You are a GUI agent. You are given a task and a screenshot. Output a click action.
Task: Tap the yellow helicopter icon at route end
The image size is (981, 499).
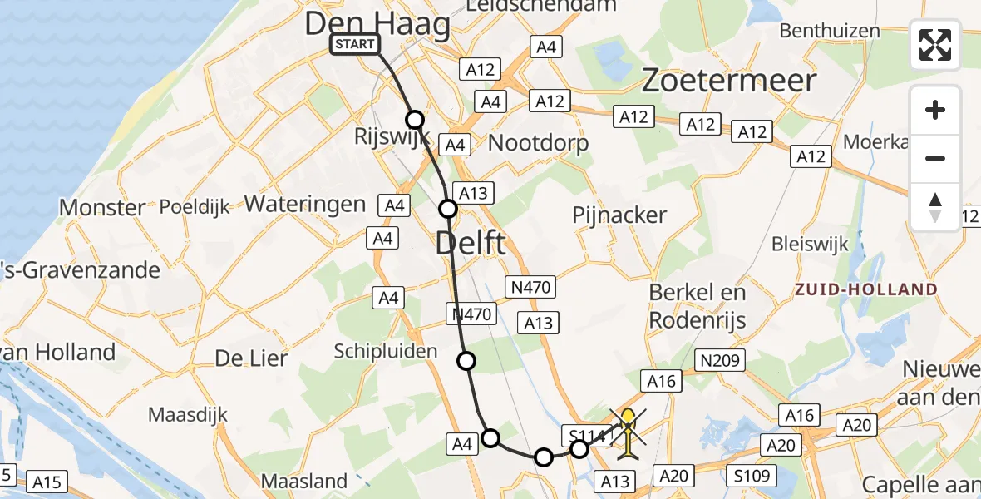click(629, 432)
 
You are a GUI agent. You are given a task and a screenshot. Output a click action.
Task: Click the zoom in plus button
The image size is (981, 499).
click(935, 110)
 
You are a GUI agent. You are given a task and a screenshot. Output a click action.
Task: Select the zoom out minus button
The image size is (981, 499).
click(935, 158)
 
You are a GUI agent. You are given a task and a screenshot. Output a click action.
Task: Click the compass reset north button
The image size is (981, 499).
click(935, 206)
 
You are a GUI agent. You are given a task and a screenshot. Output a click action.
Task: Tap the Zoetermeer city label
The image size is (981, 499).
click(729, 81)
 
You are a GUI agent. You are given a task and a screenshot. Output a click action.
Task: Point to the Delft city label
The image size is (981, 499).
click(470, 244)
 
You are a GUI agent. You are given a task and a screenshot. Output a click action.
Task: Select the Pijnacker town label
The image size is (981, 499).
click(619, 215)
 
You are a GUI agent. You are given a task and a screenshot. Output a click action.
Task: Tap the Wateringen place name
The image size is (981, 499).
click(305, 204)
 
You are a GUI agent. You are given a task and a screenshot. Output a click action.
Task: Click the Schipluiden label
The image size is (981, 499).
click(385, 351)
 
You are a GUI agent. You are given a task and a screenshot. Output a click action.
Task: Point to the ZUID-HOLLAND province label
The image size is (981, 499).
click(866, 290)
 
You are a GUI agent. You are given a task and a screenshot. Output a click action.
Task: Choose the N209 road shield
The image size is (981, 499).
click(719, 360)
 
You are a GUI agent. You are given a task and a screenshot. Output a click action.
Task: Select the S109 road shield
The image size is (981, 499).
click(751, 477)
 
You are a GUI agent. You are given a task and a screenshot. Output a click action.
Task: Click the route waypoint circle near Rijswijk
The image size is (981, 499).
click(414, 120)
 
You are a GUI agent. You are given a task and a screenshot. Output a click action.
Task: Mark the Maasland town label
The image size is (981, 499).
click(304, 480)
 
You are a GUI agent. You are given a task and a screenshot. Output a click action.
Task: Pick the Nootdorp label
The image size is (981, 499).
click(538, 142)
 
